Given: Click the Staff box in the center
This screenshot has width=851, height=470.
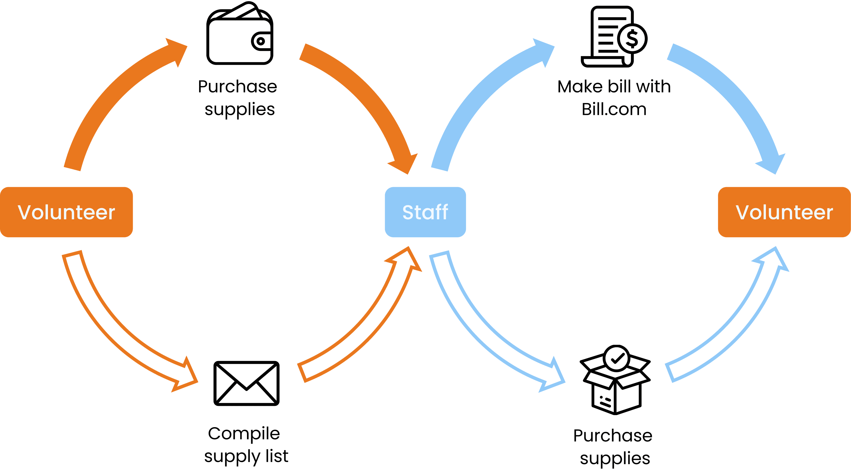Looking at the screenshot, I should [425, 212].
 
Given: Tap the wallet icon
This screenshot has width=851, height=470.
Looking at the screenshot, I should [239, 35].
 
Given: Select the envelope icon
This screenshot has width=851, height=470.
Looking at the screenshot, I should [246, 383].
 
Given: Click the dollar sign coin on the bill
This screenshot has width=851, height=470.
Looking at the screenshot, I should [632, 39].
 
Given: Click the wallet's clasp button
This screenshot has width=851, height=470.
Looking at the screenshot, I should [261, 41].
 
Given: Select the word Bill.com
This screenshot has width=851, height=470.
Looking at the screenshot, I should [614, 110].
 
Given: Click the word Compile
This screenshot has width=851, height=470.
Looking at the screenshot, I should [244, 433].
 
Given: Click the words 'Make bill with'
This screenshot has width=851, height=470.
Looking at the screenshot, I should [614, 87].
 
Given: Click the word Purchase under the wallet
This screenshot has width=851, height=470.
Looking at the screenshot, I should [237, 87].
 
